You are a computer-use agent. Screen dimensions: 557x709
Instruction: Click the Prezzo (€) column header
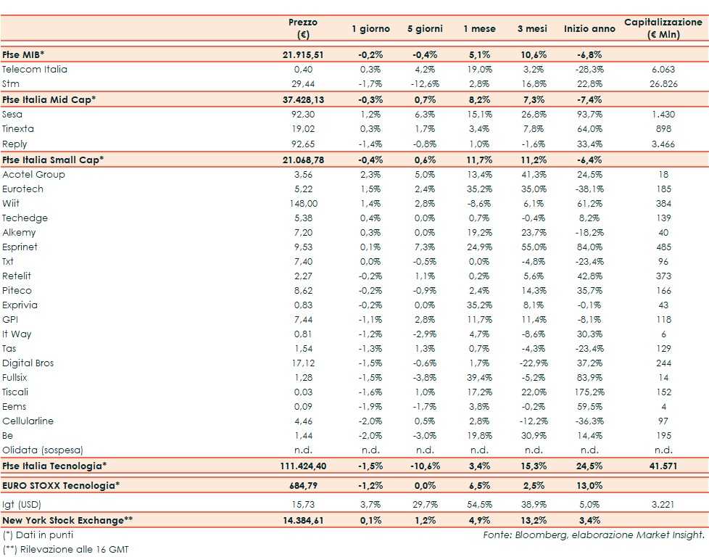302,28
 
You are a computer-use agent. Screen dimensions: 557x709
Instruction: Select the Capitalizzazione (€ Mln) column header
663,28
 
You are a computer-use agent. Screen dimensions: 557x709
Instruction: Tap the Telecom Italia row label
35,70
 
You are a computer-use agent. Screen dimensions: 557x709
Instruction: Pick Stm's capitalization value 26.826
663,84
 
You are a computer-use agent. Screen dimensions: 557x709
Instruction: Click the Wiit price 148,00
303,204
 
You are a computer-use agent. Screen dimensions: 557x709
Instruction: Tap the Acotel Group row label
33,175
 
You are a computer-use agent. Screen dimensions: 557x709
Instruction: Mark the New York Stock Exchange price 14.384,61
303,520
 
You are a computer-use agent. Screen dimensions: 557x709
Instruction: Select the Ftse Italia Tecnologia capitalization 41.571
663,466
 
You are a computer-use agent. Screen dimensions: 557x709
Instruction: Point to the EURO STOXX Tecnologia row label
59,484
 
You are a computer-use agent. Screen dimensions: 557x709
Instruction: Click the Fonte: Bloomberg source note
594,535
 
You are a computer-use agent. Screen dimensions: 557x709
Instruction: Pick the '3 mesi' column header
532,29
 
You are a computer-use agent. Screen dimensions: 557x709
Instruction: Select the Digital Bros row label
28,363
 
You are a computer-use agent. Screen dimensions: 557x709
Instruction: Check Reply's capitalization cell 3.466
663,144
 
